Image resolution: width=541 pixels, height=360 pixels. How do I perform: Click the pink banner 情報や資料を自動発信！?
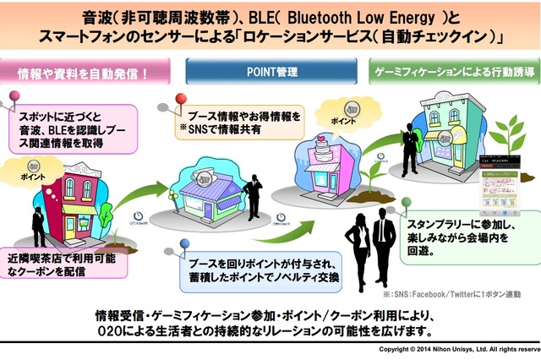85,74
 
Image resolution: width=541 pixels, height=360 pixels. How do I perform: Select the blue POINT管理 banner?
270,74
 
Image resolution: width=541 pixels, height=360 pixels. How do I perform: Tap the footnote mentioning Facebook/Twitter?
456,294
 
